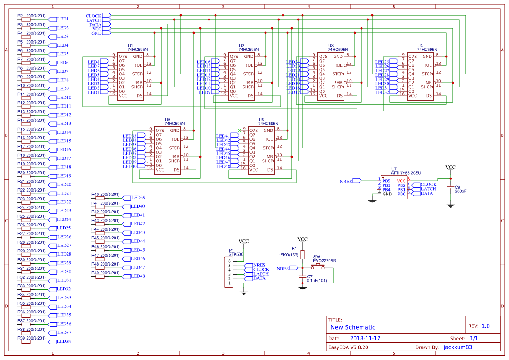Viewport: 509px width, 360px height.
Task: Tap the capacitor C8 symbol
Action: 451,187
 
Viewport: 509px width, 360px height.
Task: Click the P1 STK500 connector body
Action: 229,272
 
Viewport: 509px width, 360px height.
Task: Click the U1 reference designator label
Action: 130,45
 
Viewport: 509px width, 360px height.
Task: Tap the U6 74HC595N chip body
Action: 261,150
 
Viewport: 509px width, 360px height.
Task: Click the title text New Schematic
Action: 353,327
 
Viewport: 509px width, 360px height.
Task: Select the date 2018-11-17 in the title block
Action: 365,338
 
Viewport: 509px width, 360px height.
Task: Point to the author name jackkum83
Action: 458,347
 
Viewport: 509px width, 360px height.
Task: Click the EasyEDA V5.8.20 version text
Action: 348,347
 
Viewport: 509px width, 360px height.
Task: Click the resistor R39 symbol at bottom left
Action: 27,342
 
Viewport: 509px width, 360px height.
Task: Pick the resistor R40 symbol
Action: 101,198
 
